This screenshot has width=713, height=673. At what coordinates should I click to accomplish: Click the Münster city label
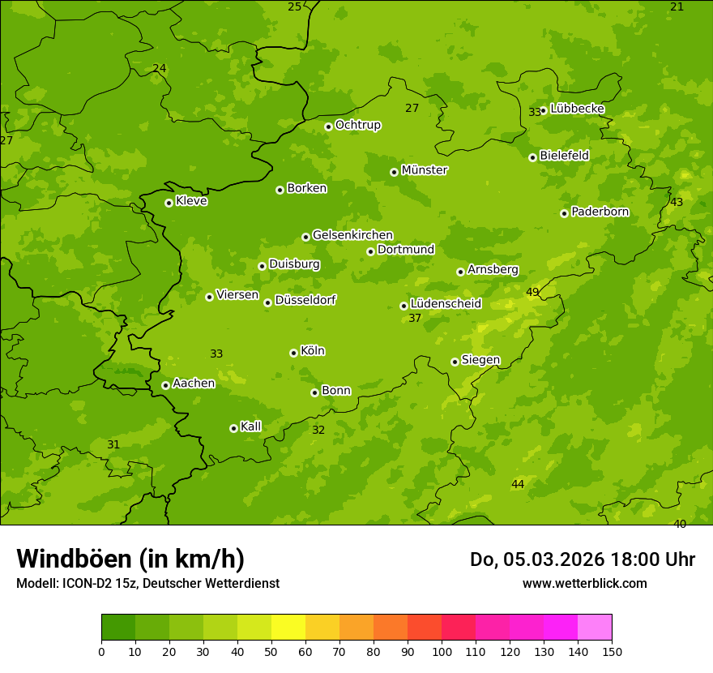[x=425, y=170]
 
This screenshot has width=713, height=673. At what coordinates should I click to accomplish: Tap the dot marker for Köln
[x=293, y=353]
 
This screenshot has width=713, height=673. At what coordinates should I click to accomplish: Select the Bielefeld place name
[x=564, y=156]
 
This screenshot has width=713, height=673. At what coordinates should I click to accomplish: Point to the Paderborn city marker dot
[x=564, y=213]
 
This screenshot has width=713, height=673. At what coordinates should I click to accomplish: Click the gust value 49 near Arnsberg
[x=532, y=292]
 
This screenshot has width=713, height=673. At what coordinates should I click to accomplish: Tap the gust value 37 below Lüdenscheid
[x=415, y=318]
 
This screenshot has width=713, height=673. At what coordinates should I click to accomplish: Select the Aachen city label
[x=194, y=384]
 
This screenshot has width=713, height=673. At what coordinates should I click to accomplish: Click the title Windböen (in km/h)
[x=130, y=559]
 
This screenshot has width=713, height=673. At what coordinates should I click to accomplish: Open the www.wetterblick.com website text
[x=584, y=583]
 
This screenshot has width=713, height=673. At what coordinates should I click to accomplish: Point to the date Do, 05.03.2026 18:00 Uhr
[x=582, y=559]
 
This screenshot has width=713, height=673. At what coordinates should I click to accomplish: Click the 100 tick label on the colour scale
[x=442, y=651]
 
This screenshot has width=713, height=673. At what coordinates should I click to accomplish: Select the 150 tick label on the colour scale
[x=612, y=651]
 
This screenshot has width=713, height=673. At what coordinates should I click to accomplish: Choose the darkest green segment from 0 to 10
[x=118, y=628]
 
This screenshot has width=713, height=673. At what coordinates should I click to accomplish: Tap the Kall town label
[x=251, y=427]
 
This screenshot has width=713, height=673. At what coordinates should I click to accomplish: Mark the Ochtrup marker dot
[x=328, y=126]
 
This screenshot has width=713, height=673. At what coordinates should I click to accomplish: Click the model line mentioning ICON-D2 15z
[x=147, y=583]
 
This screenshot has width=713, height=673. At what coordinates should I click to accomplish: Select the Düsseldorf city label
[x=305, y=300]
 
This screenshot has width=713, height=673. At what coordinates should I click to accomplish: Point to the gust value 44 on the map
[x=518, y=484]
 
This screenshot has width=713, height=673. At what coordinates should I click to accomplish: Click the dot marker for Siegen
[x=455, y=362]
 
